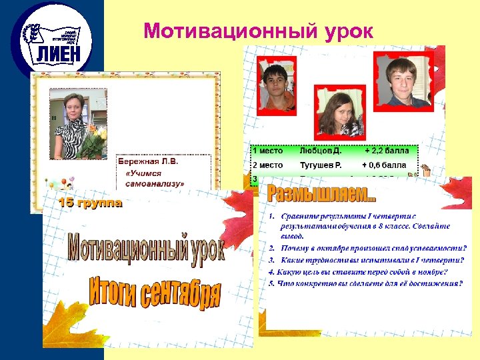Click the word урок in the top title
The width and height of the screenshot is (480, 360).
coord(345,31)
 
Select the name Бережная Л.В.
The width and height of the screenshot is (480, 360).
coord(148,161)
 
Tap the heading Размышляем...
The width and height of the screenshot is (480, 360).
coord(321,195)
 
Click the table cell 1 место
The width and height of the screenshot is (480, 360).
coord(267,151)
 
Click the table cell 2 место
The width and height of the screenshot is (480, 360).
coord(267,165)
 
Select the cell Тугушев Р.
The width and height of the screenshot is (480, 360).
coord(321,165)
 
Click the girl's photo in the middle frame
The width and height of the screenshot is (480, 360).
coord(341,113)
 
